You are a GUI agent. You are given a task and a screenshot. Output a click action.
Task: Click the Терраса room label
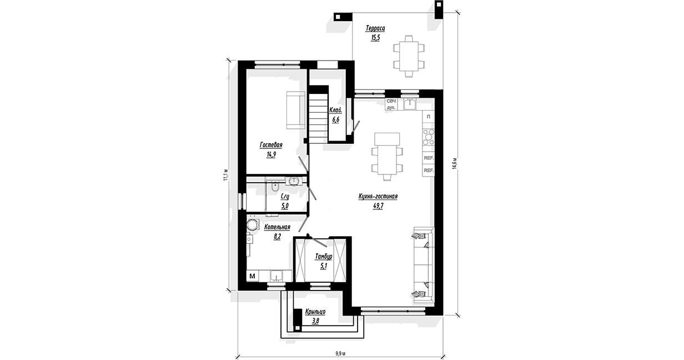tap(375, 28)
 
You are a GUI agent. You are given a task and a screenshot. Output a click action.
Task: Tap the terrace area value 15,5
tap(375, 38)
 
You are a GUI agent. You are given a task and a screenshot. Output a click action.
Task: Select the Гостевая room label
tap(271, 145)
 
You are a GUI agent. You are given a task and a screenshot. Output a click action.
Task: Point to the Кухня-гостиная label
tap(378, 196)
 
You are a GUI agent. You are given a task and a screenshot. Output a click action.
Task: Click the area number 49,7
tap(378, 206)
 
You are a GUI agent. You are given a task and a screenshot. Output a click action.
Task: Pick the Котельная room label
tap(277, 227)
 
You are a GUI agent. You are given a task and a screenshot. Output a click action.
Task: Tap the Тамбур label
tap(324, 257)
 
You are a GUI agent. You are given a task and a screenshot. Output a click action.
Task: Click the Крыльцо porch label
tap(315, 312)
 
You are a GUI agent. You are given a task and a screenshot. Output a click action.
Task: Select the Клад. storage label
tap(335, 110)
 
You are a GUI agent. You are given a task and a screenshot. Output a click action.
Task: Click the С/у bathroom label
tap(285, 197)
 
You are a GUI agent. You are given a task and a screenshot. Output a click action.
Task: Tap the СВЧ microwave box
tap(391, 101)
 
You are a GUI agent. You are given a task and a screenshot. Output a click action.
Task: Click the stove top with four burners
tap(428, 137)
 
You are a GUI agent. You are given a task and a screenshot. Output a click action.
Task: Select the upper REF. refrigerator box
tap(429, 158)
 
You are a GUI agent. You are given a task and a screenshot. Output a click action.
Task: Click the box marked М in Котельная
tap(253, 276)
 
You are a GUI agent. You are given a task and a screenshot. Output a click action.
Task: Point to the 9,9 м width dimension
tap(340, 353)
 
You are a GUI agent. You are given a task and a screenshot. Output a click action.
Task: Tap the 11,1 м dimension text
tap(225, 175)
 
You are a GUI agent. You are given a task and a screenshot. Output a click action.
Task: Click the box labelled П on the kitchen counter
tap(429, 117)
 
